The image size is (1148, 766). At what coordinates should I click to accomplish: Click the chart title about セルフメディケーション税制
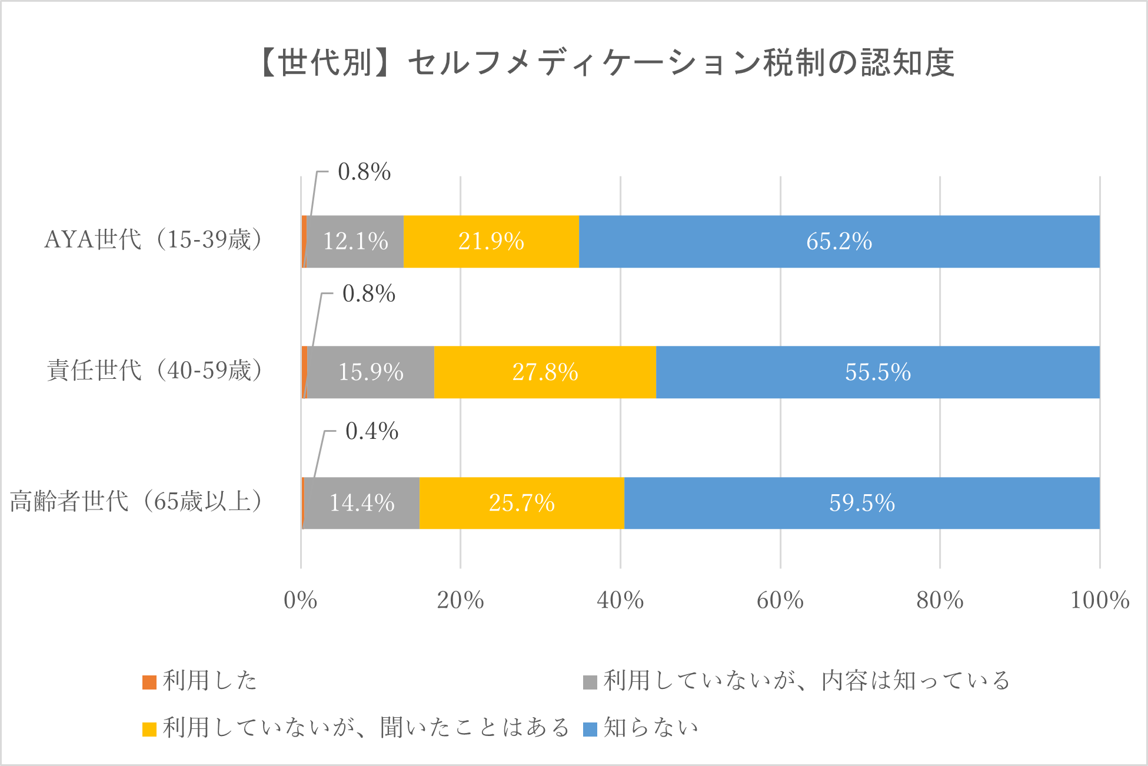click(x=606, y=63)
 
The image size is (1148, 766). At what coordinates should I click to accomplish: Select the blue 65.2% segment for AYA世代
click(x=839, y=242)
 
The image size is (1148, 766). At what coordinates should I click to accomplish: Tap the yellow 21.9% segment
click(x=491, y=242)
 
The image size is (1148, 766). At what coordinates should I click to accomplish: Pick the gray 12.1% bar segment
click(x=355, y=242)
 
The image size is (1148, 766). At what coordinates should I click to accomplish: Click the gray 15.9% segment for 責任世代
click(x=371, y=372)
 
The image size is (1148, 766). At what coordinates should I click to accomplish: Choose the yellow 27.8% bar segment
click(x=545, y=372)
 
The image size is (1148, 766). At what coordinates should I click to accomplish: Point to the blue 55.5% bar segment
click(x=878, y=372)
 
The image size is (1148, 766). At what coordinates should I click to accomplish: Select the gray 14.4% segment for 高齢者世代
click(x=362, y=503)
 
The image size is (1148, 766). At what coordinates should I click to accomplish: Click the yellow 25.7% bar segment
click(x=522, y=503)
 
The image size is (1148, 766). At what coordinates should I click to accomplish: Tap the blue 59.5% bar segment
click(x=862, y=503)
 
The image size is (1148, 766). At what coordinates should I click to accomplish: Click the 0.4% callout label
click(x=372, y=431)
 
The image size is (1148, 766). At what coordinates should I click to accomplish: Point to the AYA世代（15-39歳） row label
click(x=154, y=240)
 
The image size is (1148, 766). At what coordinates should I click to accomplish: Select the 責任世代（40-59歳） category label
click(x=155, y=371)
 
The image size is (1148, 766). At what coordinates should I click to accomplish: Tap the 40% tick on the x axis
click(x=620, y=601)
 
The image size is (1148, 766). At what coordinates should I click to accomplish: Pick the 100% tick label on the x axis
click(x=1099, y=601)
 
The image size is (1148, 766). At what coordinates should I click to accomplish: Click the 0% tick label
click(x=301, y=601)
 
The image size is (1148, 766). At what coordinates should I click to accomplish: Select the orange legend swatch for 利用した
click(x=149, y=682)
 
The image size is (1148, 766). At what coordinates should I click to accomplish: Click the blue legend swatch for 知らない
click(x=590, y=729)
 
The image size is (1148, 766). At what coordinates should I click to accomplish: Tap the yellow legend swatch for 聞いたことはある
click(x=149, y=729)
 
